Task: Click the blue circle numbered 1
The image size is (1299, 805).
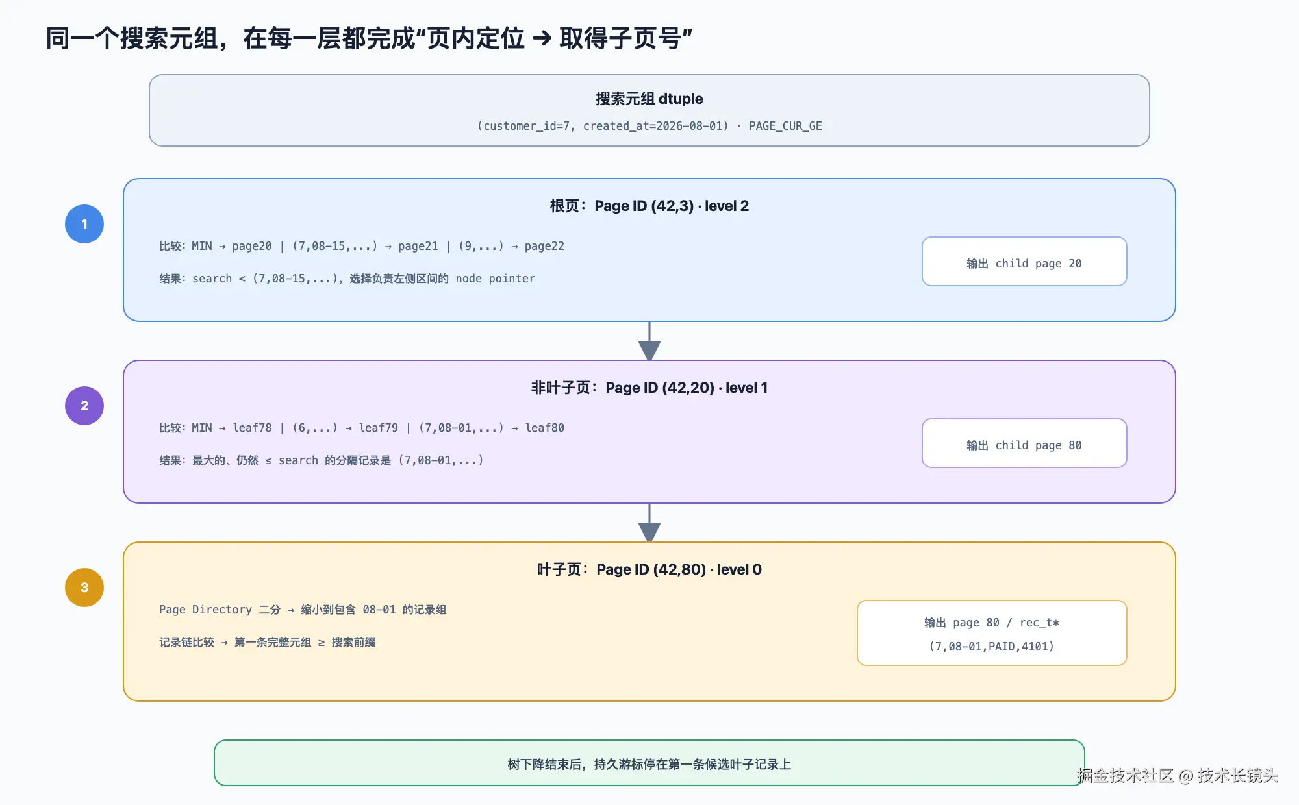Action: (84, 224)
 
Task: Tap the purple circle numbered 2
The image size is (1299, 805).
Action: (84, 406)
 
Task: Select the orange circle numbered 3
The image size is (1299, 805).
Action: (84, 588)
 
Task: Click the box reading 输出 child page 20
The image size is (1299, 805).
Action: (1024, 261)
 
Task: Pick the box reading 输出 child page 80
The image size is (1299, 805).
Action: (1024, 443)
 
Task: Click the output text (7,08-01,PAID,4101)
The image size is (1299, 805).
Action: (992, 647)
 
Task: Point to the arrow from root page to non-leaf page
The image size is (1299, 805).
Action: (649, 341)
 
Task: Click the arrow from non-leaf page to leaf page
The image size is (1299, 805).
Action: (649, 523)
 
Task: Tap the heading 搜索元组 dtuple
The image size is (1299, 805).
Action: (649, 99)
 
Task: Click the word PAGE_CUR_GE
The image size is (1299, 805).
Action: (785, 126)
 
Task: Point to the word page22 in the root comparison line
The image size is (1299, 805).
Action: (544, 247)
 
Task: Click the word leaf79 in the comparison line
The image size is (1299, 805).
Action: (379, 428)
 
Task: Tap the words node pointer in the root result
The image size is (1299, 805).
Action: (496, 279)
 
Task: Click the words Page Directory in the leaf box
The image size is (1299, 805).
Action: (205, 610)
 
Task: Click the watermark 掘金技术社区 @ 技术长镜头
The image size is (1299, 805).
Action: (1178, 776)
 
